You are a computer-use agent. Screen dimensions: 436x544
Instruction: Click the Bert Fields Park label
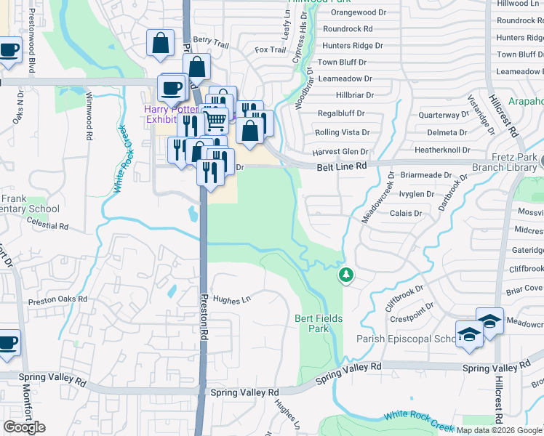(319, 323)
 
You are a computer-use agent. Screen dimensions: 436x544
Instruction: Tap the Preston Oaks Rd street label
(57, 299)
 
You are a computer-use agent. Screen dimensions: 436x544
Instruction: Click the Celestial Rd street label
(47, 227)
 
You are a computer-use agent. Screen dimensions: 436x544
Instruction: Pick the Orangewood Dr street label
(359, 12)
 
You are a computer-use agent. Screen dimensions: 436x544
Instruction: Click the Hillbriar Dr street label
(345, 95)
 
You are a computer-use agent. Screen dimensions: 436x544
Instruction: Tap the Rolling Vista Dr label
(342, 132)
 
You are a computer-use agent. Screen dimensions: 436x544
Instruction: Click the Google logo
(24, 427)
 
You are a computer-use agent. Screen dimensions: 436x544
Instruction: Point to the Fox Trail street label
(271, 49)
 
